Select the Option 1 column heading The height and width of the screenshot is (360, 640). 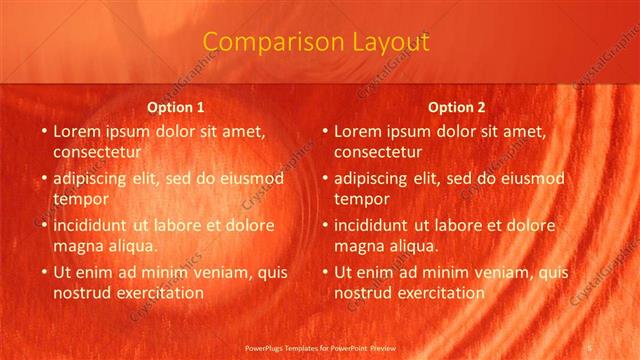(x=176, y=107)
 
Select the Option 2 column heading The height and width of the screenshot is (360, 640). (x=457, y=107)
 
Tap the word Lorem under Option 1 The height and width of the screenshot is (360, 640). (x=76, y=131)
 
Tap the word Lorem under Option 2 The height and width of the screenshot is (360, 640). (x=357, y=131)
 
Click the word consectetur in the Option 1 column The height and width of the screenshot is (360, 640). (x=98, y=152)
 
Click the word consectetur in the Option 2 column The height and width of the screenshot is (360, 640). (x=379, y=152)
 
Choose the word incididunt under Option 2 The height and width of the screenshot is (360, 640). (x=377, y=225)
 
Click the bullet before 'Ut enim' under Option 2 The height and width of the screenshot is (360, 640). (x=325, y=272)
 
